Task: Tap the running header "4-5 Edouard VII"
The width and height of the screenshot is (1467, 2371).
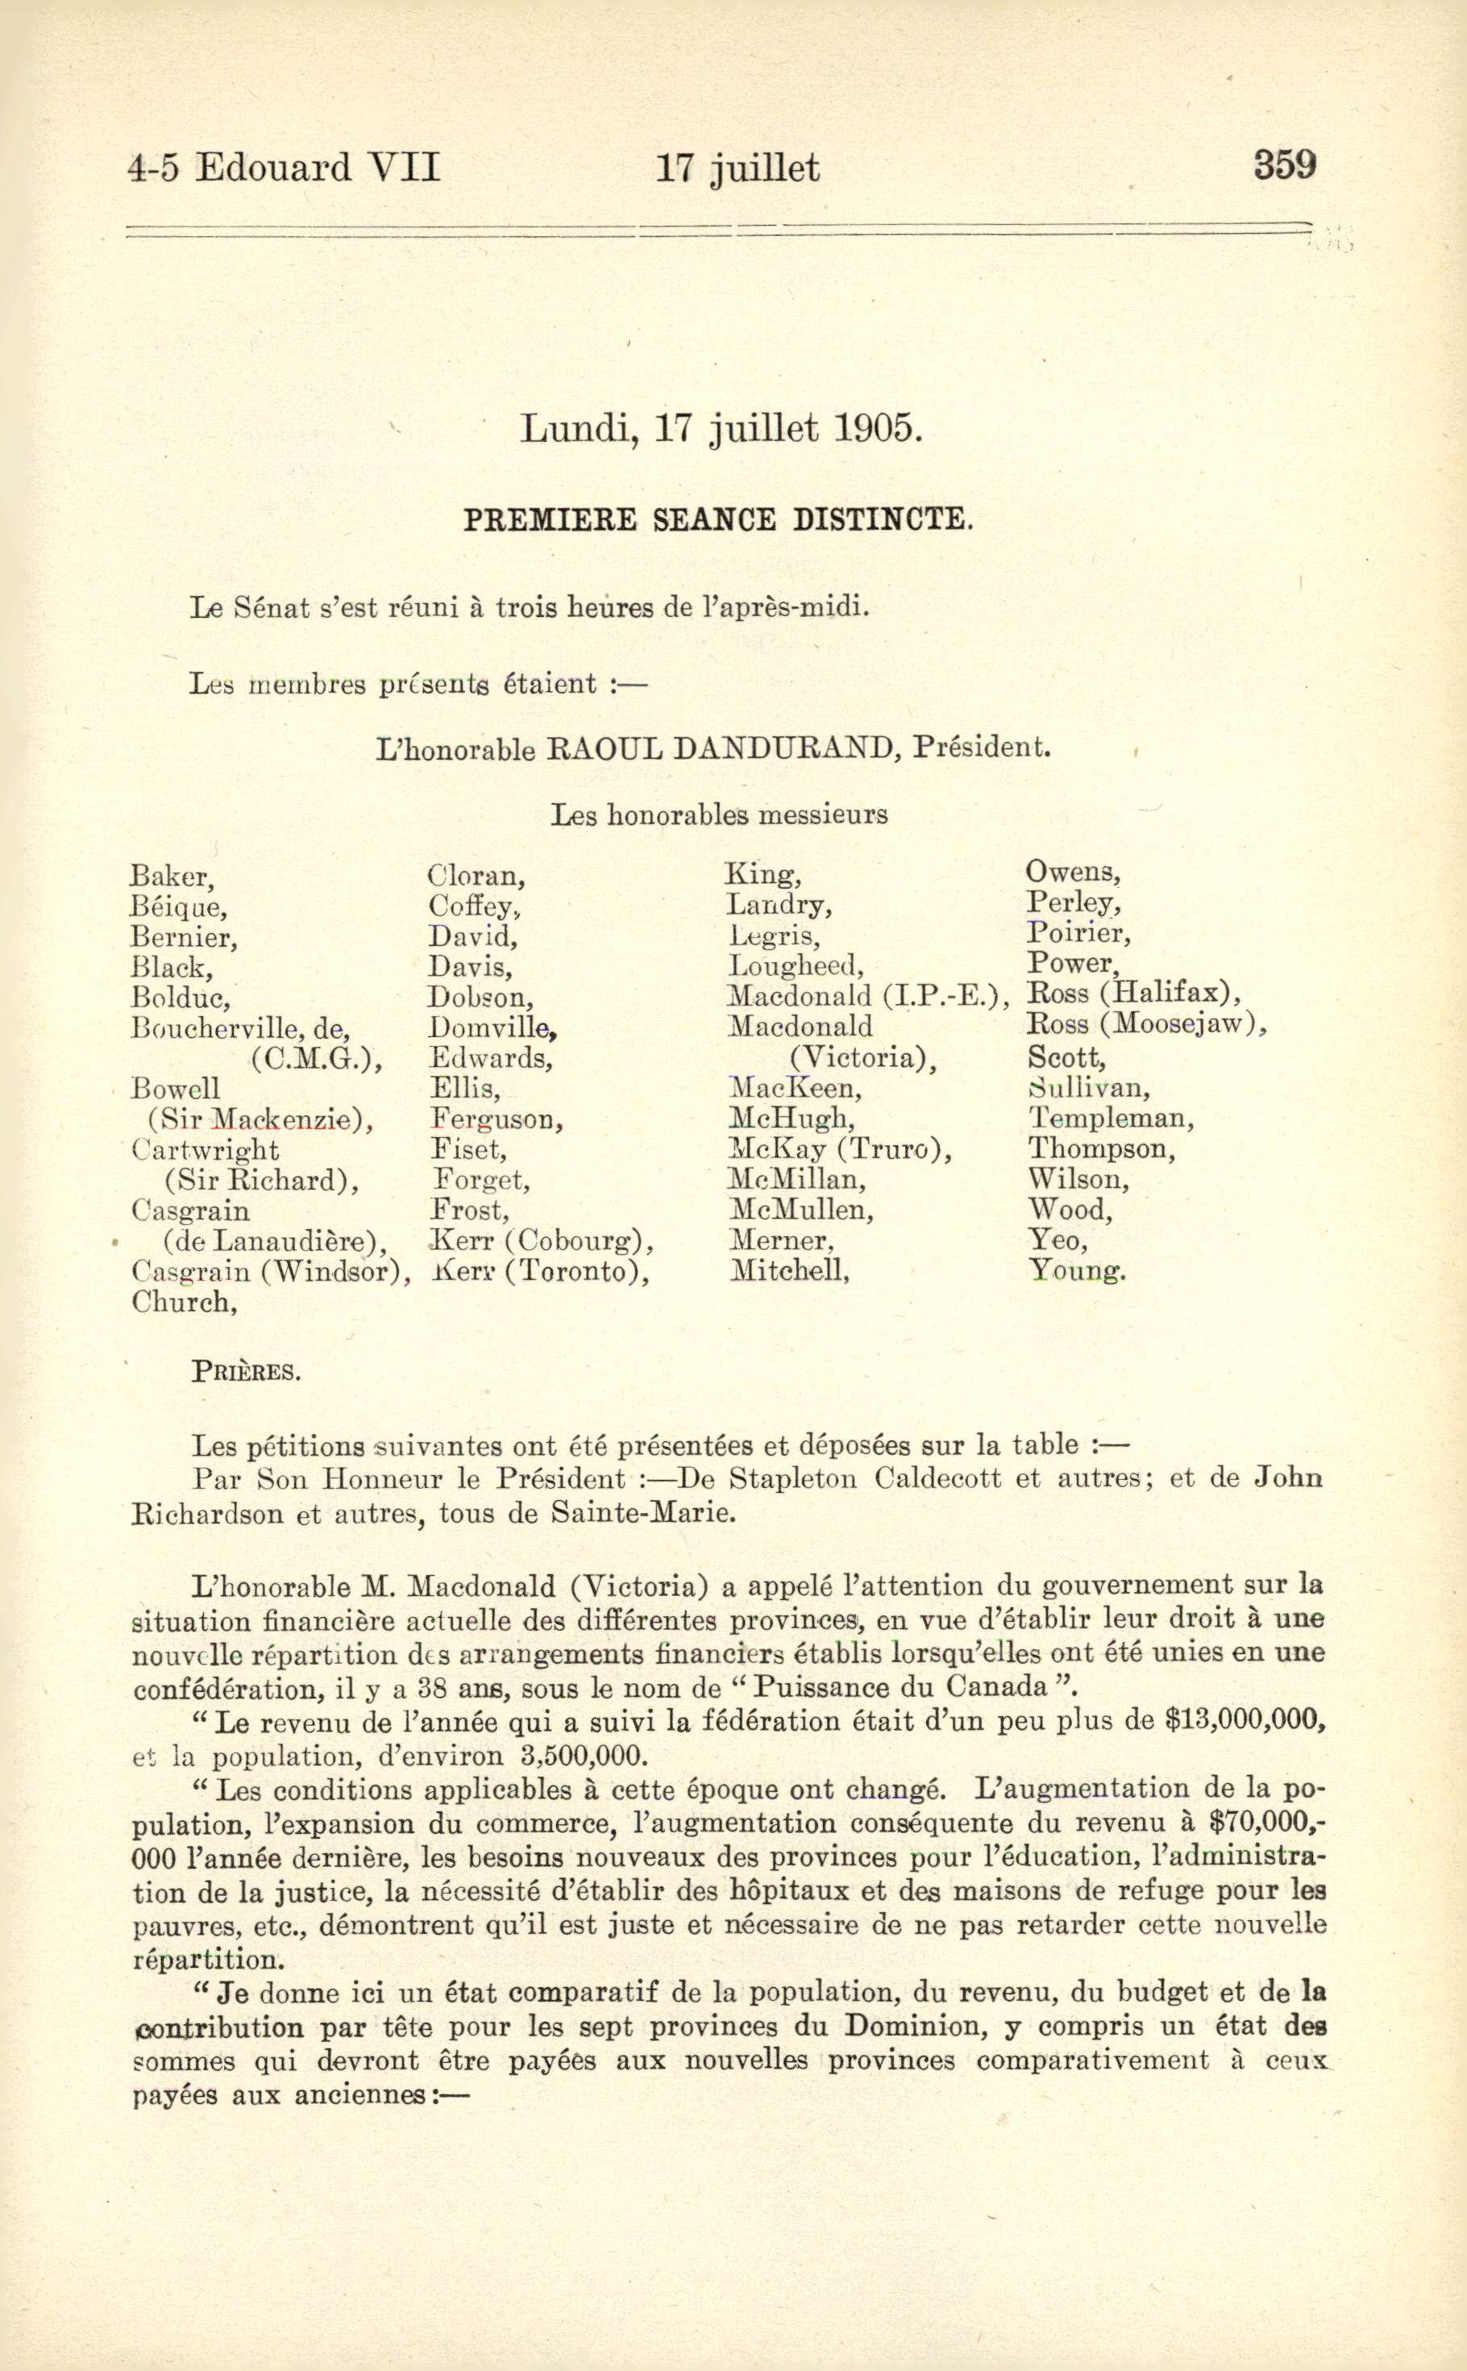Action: pyautogui.click(x=285, y=168)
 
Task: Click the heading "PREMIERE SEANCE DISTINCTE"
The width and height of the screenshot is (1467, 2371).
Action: pyautogui.click(x=717, y=520)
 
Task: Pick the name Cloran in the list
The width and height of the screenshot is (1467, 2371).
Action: pyautogui.click(x=476, y=877)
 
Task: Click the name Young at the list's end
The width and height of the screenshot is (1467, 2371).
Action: pyautogui.click(x=1076, y=1270)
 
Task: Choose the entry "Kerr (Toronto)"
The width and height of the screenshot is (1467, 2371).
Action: pyautogui.click(x=539, y=1270)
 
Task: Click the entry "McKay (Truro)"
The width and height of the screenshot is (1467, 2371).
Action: pyautogui.click(x=839, y=1149)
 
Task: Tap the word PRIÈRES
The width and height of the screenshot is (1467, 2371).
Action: pyautogui.click(x=246, y=1373)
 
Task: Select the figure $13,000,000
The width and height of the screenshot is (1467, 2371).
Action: pyautogui.click(x=1245, y=1721)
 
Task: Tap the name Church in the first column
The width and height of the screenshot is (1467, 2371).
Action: pyautogui.click(x=184, y=1302)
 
